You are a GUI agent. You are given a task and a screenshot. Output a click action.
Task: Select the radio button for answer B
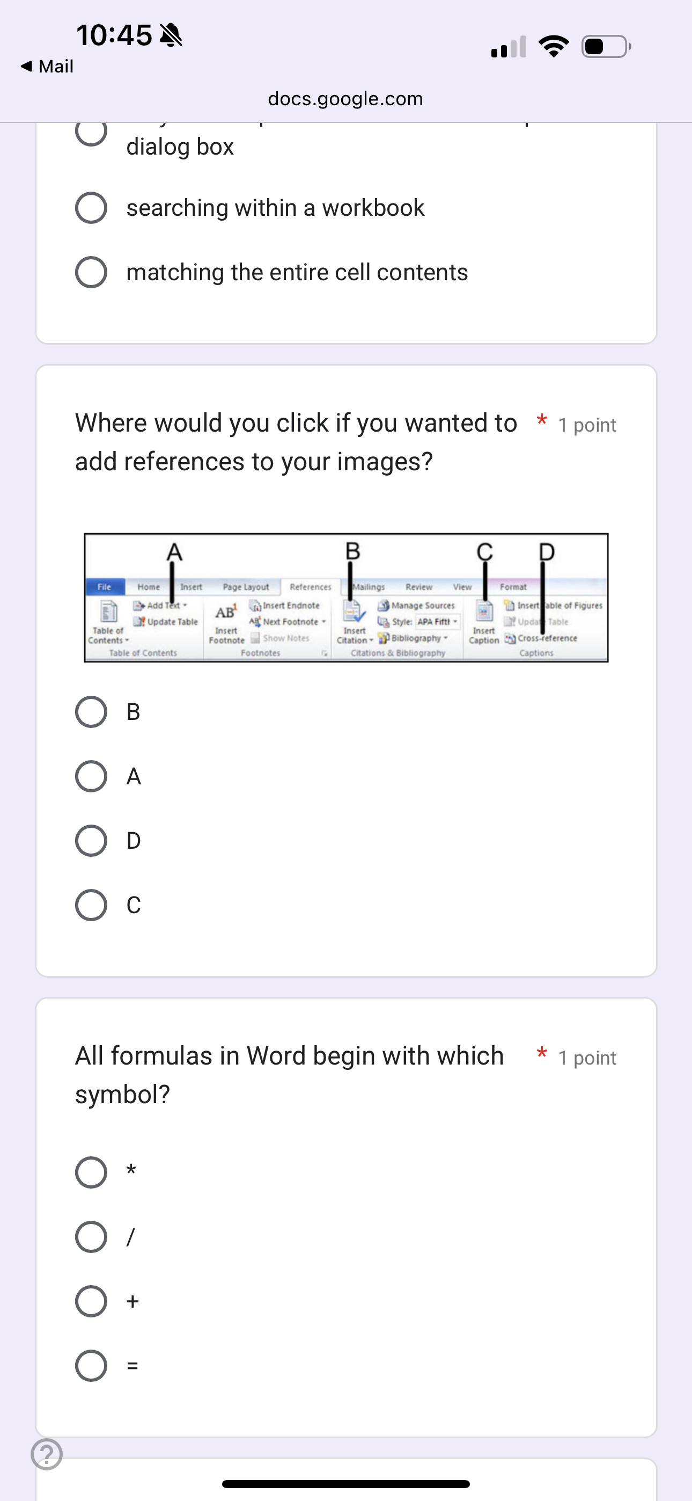point(91,711)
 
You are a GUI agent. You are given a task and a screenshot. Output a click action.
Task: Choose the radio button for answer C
point(91,905)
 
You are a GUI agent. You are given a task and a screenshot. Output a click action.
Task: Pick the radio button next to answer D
point(91,840)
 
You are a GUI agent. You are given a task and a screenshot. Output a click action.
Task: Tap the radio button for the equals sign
point(91,1365)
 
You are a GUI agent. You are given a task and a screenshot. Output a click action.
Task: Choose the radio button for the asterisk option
point(91,1172)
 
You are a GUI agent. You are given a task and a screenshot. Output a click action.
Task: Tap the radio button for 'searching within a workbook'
point(91,207)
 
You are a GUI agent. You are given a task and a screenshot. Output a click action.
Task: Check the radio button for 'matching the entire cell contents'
point(91,272)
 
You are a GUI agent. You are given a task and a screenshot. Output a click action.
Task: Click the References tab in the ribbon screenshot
point(310,587)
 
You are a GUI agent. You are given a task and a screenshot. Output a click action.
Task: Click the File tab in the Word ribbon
point(104,587)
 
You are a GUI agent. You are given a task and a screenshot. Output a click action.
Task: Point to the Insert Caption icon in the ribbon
point(483,612)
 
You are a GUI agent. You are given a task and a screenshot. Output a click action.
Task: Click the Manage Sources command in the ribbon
point(417,606)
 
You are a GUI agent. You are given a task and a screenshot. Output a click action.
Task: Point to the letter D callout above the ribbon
point(547,551)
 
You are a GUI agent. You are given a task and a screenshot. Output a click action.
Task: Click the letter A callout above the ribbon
point(174,551)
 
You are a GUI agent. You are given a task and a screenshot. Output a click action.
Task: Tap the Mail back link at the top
point(47,67)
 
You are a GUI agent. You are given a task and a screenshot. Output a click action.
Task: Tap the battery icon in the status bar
point(606,47)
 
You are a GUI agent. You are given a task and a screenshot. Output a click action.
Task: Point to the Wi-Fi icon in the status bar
point(554,47)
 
